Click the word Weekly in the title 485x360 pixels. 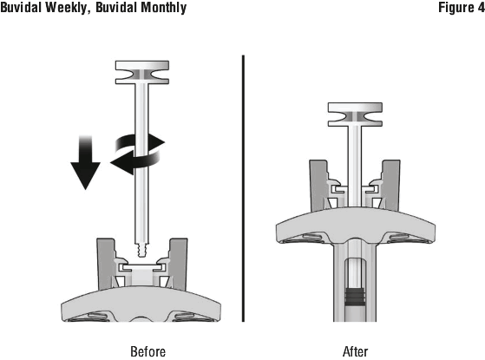tap(66, 8)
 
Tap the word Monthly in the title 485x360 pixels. tap(163, 8)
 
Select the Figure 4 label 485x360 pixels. tap(462, 8)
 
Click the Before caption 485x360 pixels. tap(147, 351)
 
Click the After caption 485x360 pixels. tap(356, 351)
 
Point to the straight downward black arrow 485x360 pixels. tap(85, 162)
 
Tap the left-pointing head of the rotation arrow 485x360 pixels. tap(120, 162)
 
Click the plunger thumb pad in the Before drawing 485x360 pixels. tap(142, 72)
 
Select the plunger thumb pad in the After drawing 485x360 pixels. tap(355, 115)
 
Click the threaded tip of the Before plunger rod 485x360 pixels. tap(142, 250)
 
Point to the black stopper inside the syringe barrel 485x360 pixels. tap(355, 298)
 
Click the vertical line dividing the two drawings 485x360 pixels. tap(244, 188)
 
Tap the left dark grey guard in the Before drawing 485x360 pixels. tap(105, 264)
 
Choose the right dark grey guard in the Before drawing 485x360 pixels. tap(179, 264)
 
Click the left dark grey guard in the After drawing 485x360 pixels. tap(318, 186)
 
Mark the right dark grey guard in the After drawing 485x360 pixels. tap(391, 186)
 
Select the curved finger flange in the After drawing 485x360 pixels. tap(355, 226)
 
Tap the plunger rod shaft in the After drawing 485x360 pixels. tap(355, 167)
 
